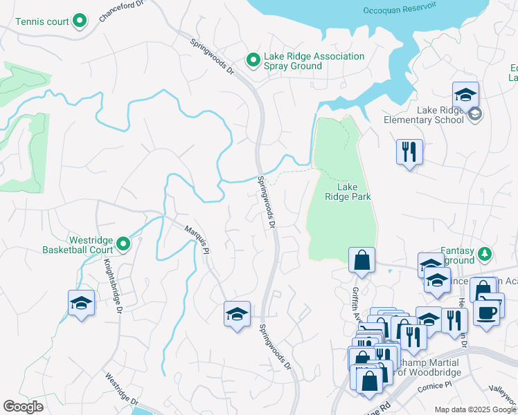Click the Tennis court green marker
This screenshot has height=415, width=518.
(80, 21)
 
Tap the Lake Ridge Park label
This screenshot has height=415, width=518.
(348, 192)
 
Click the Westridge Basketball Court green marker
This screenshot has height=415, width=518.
(123, 243)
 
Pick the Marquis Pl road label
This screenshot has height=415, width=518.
(196, 239)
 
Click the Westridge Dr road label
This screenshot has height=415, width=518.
(122, 389)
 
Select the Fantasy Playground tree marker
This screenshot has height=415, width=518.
(486, 254)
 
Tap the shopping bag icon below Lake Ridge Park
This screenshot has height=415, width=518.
(361, 261)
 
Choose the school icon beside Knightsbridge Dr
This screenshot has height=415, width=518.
(81, 303)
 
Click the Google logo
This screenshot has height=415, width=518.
(23, 407)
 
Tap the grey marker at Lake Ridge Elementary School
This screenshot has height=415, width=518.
(474, 114)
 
